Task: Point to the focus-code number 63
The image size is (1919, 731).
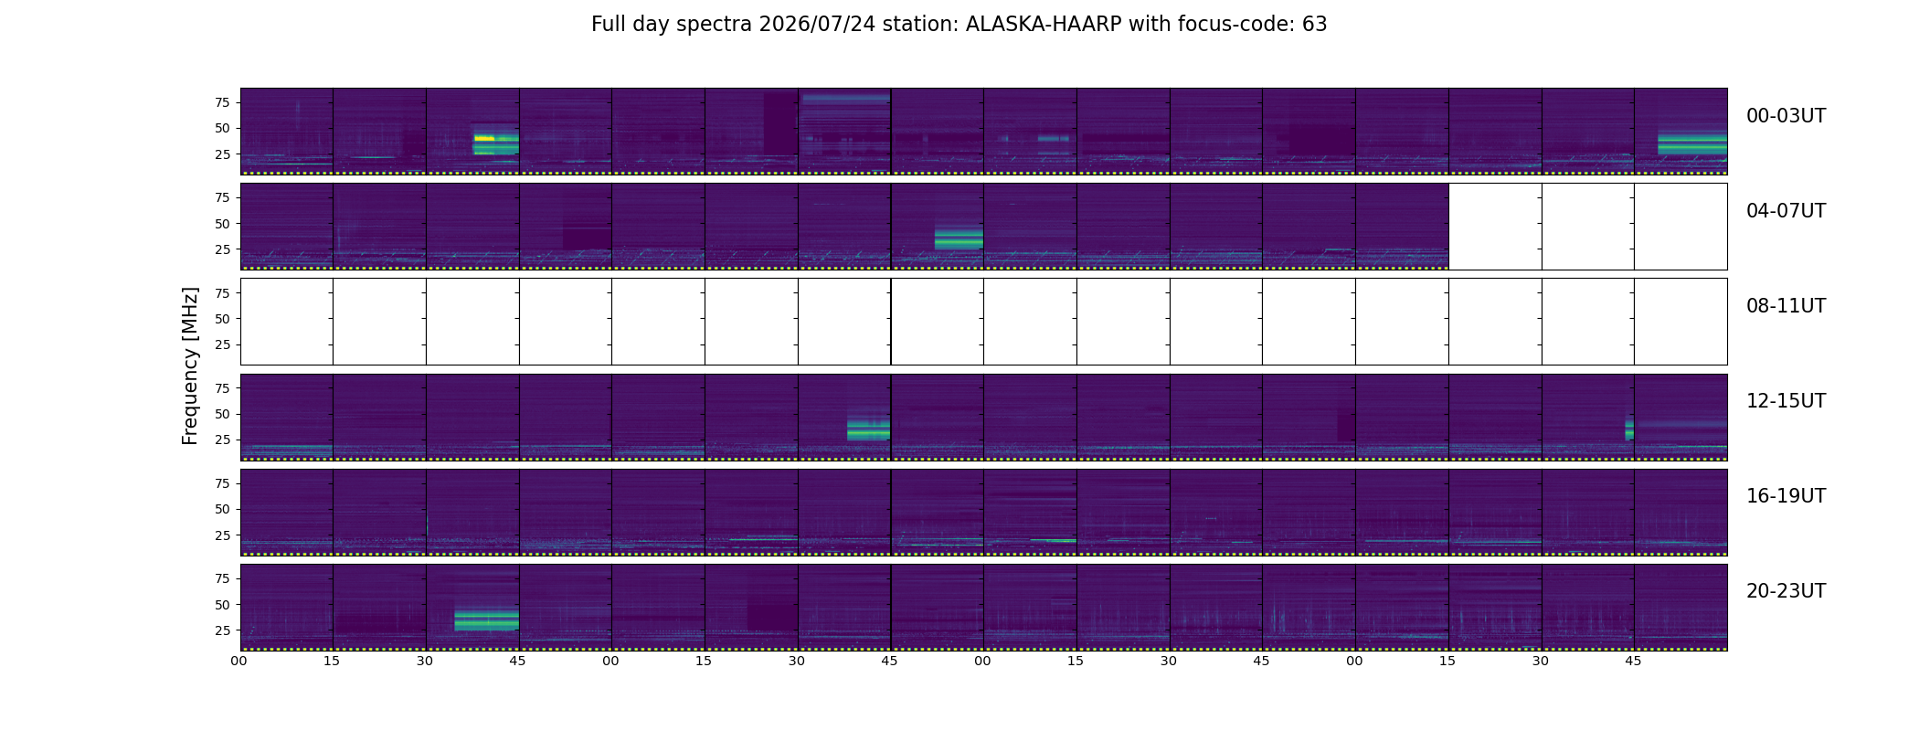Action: tap(1315, 25)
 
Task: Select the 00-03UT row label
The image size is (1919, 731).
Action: tap(1786, 116)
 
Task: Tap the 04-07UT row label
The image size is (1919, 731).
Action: tap(1786, 211)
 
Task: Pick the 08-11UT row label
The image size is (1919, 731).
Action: tap(1786, 306)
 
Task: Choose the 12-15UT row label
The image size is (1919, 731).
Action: tap(1786, 401)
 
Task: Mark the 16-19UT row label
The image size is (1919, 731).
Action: tap(1786, 496)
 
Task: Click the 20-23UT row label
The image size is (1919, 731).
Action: tap(1786, 591)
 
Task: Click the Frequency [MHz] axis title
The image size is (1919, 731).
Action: tap(190, 366)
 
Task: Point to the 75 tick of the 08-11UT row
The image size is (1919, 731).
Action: tap(222, 293)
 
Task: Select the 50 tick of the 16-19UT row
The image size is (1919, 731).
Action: tap(222, 509)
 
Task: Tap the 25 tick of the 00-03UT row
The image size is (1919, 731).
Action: tap(222, 154)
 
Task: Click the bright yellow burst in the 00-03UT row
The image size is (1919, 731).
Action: tap(484, 138)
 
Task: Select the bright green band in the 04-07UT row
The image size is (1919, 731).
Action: tap(959, 239)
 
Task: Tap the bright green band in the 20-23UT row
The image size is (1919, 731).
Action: tap(486, 621)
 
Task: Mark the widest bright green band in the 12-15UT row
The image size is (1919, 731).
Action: tap(868, 429)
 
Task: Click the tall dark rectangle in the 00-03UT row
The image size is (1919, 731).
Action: tap(780, 122)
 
